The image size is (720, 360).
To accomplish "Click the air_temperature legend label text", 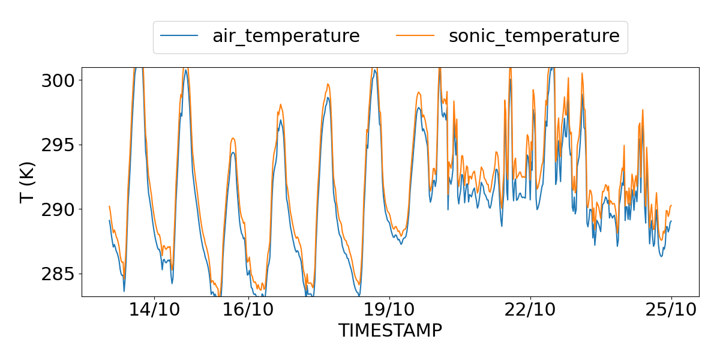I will [286, 36].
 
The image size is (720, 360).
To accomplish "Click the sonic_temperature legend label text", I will [534, 36].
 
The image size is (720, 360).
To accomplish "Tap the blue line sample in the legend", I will [179, 36].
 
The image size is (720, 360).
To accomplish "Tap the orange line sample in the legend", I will [415, 36].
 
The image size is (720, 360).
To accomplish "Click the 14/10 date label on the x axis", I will [155, 310].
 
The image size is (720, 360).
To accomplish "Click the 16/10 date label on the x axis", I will [248, 310].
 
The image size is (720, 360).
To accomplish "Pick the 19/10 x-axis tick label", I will [390, 310].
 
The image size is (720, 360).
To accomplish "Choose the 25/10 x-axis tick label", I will [671, 310].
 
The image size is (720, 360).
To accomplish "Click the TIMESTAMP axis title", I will [390, 331].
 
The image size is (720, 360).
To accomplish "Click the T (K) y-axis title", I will [28, 182].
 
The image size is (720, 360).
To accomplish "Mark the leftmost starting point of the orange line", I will [109, 206].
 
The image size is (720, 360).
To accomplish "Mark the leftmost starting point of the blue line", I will [109, 220].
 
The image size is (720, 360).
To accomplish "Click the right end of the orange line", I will [671, 205].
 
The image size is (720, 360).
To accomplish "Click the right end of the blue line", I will [671, 221].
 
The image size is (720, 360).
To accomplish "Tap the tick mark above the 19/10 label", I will [390, 298].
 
